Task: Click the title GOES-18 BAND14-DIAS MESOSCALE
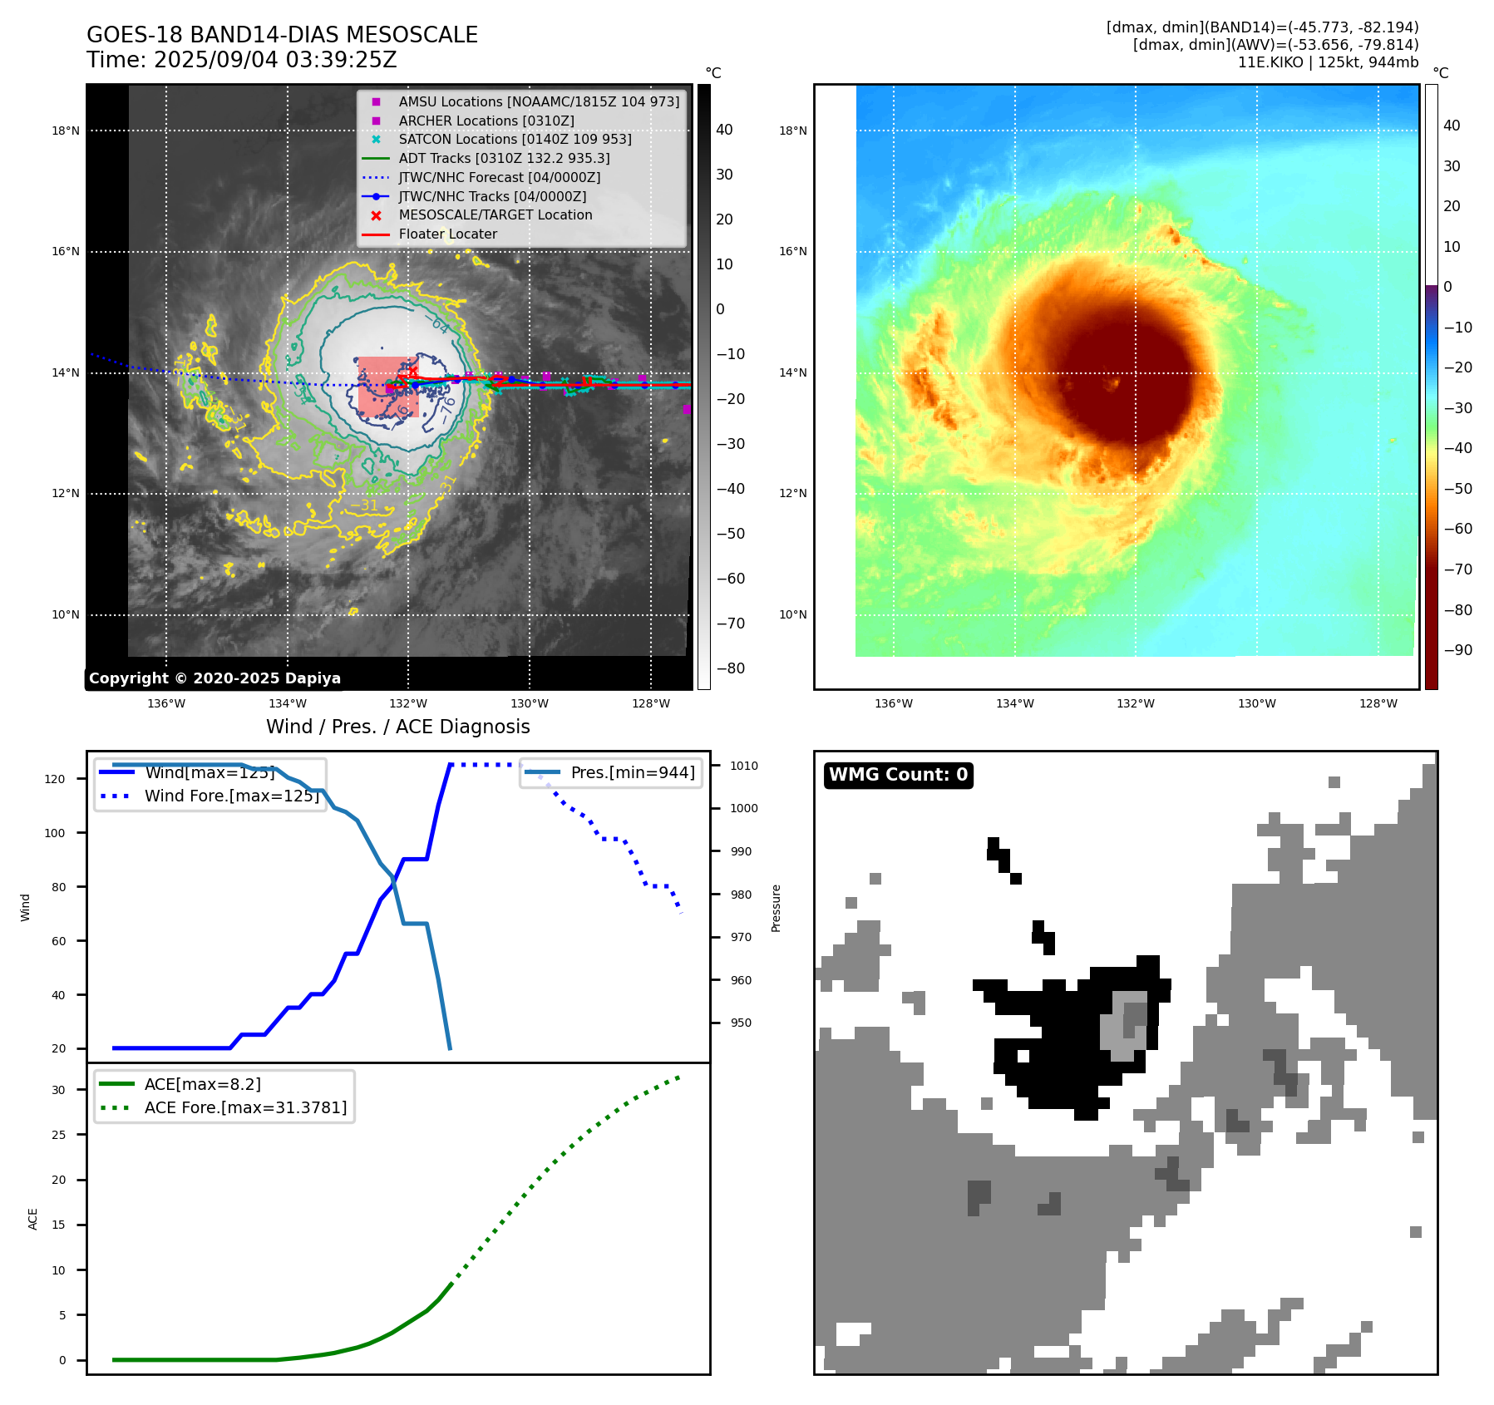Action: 282,35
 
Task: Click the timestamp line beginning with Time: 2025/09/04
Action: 241,60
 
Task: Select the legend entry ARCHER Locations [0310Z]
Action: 486,121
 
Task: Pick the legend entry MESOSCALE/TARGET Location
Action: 495,214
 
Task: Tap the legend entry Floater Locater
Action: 447,234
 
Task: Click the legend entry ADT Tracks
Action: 504,158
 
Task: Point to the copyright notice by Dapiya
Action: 214,678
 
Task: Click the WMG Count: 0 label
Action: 898,775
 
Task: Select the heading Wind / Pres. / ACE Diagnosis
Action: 397,727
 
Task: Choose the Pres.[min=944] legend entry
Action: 632,772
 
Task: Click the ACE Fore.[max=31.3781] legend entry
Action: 245,1107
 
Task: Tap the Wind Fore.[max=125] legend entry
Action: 231,796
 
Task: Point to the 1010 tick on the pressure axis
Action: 744,766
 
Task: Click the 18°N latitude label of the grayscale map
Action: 66,131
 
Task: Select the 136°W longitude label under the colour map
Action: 894,703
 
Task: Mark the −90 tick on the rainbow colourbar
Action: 1457,650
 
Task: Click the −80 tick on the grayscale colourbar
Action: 730,668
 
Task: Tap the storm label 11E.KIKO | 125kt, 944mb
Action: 1328,62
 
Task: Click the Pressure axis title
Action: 776,908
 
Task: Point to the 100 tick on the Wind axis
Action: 55,833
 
